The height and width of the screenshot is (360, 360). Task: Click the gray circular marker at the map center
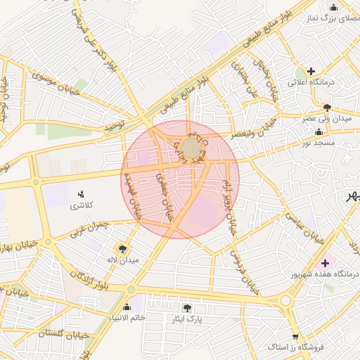click(x=191, y=148)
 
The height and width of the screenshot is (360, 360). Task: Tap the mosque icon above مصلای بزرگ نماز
click(x=334, y=8)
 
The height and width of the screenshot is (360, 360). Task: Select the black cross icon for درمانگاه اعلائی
click(x=311, y=71)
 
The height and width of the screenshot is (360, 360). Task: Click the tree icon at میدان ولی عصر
click(x=327, y=108)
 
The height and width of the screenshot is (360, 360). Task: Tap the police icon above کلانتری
click(x=81, y=194)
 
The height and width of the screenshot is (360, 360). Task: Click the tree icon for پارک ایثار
click(x=186, y=308)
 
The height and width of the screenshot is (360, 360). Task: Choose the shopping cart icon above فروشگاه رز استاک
click(x=295, y=337)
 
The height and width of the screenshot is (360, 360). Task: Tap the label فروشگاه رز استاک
click(x=295, y=347)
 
